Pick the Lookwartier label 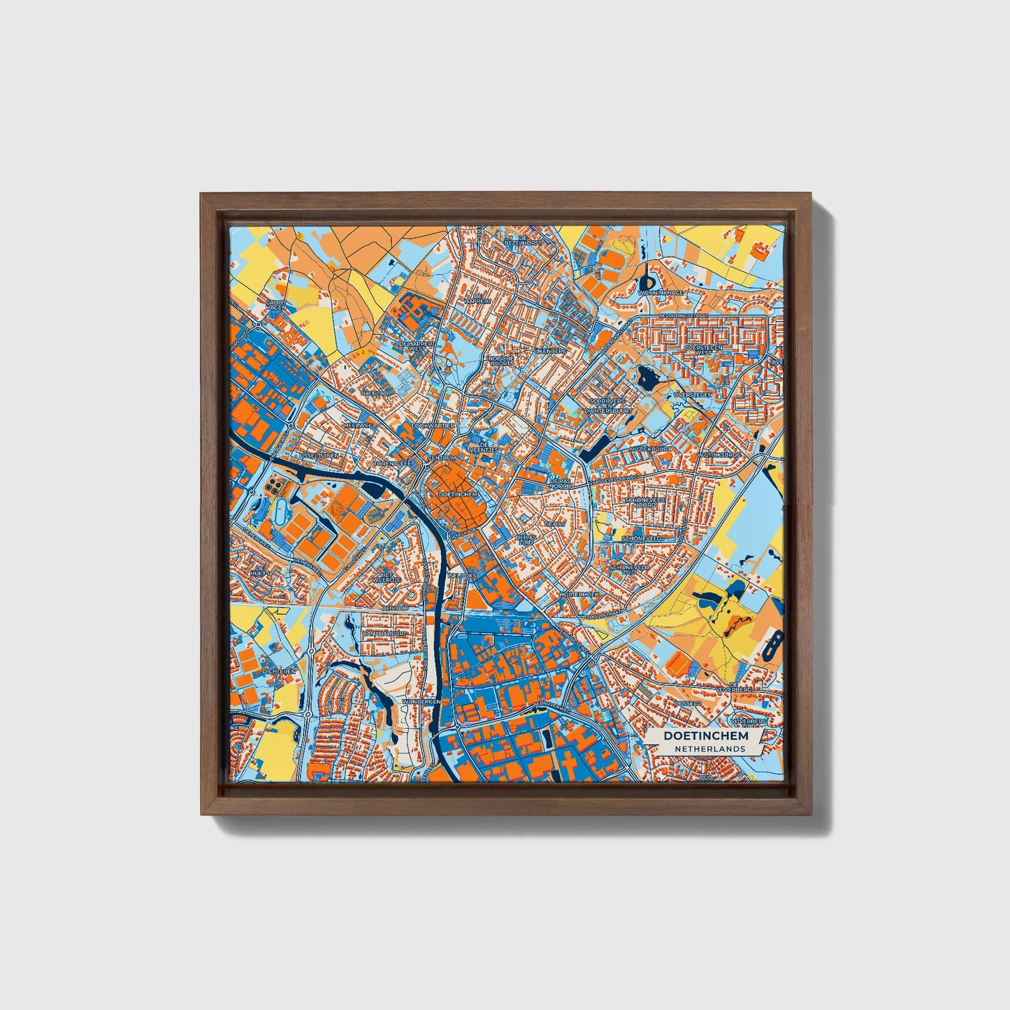pyautogui.click(x=435, y=425)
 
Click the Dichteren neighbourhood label pyautogui.click(x=280, y=671)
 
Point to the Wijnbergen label pyautogui.click(x=421, y=700)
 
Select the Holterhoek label pyautogui.click(x=577, y=593)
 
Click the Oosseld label pyautogui.click(x=687, y=704)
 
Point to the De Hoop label pyautogui.click(x=394, y=608)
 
